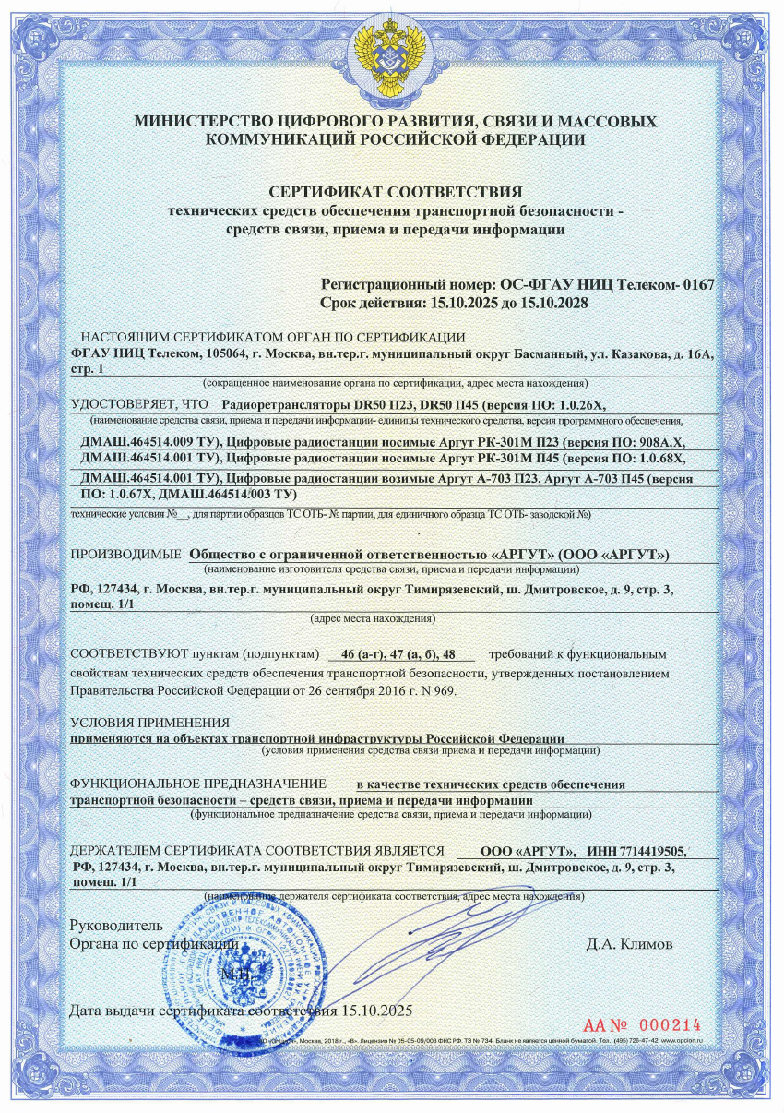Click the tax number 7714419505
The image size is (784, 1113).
click(654, 851)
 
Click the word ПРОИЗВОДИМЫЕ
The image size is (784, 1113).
click(125, 555)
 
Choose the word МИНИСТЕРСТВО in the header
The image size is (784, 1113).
click(197, 122)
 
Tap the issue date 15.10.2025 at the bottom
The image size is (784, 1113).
click(375, 1010)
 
